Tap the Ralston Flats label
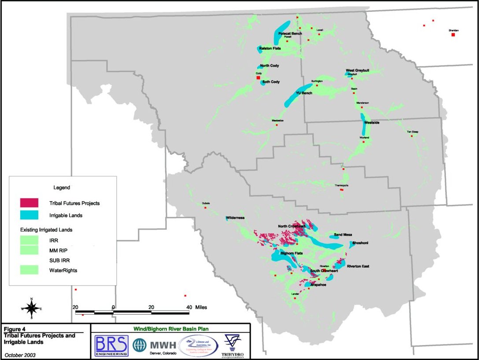tap(270, 48)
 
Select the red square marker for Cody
tap(258, 78)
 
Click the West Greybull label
tap(356, 70)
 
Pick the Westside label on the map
tap(372, 123)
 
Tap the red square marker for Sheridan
tap(453, 34)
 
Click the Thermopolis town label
tap(342, 185)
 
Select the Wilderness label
tap(236, 218)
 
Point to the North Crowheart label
tap(291, 226)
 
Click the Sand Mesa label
tap(343, 235)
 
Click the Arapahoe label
tap(318, 285)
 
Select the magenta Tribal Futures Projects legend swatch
tap(29, 203)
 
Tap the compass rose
tap(31, 308)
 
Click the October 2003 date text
tap(20, 354)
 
